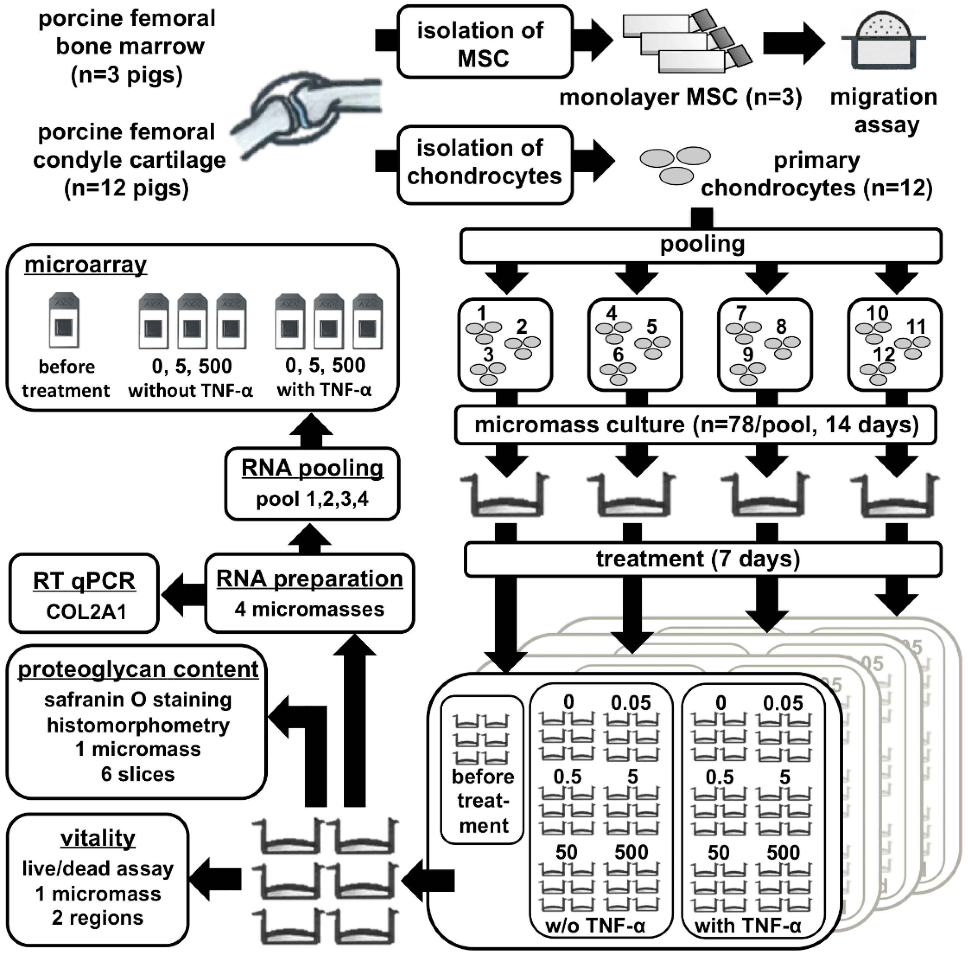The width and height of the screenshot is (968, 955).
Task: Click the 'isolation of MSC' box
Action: coord(484,42)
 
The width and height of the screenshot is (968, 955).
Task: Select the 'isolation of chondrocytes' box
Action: coord(484,165)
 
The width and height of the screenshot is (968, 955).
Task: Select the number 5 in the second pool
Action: coord(651,327)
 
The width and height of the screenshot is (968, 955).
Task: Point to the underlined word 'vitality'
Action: coord(98,838)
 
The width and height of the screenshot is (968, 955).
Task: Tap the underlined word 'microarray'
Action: coord(86,265)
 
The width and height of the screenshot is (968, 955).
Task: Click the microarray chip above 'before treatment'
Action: coord(64,320)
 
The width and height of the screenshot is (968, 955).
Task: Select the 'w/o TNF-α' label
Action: coord(595,926)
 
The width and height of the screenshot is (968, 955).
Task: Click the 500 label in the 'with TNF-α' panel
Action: coord(783,852)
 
